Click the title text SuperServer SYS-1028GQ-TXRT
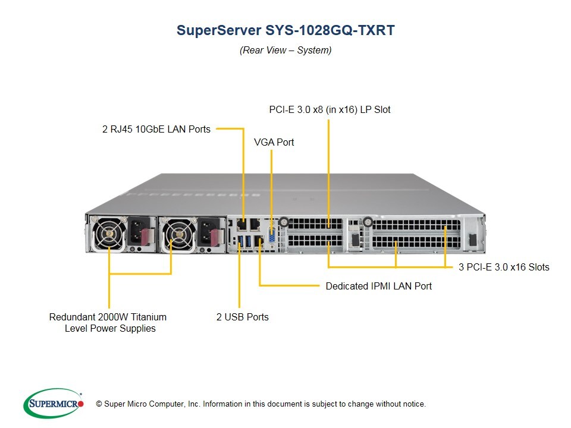point(285,31)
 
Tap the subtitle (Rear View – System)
point(285,50)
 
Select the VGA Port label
point(274,143)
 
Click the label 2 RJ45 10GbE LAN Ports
point(156,128)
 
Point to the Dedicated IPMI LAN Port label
point(378,286)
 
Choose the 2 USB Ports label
point(242,317)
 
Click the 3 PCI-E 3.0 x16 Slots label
point(504,267)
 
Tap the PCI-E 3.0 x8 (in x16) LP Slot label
point(329,109)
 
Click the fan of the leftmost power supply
point(109,236)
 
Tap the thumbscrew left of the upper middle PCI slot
point(284,222)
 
